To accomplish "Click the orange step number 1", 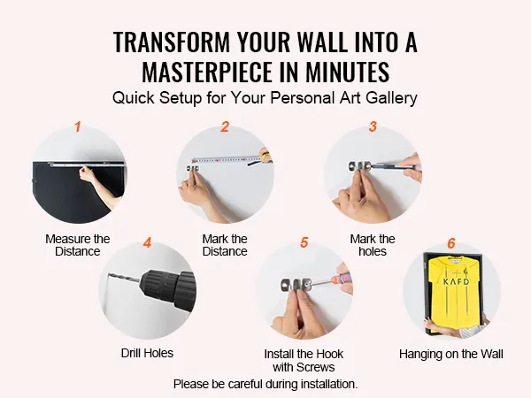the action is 78,126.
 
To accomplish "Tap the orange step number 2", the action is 225,126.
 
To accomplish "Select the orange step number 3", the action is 373,126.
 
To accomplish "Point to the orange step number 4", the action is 147,242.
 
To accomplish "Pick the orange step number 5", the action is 304,242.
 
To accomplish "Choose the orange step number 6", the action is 451,243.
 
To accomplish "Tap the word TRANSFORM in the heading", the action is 172,42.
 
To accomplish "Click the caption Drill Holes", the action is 147,353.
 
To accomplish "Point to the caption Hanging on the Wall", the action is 451,354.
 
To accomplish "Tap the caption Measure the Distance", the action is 78,245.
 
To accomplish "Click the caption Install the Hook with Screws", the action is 304,361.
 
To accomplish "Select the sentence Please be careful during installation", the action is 265,384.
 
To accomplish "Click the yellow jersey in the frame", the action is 456,291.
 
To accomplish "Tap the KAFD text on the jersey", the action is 456,281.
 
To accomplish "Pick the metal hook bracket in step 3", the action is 360,166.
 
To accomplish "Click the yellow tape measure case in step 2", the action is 265,157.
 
